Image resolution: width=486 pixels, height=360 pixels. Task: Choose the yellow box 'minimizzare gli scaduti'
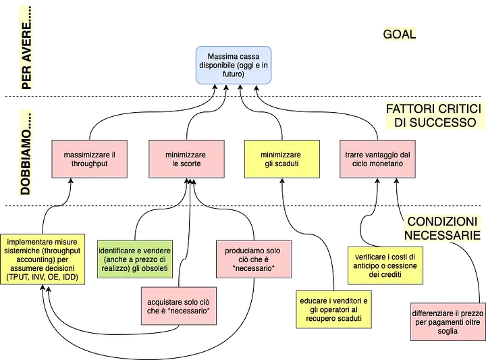[281, 159]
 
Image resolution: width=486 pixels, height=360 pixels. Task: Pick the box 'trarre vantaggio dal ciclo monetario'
[373, 159]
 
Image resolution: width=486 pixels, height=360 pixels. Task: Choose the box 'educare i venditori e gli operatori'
[333, 309]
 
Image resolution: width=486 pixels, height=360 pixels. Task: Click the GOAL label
[399, 34]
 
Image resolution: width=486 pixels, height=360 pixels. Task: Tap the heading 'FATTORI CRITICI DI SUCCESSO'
[432, 115]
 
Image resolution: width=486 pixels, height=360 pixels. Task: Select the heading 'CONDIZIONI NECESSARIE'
[445, 228]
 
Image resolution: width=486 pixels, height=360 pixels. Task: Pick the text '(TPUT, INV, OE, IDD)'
[42, 278]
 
